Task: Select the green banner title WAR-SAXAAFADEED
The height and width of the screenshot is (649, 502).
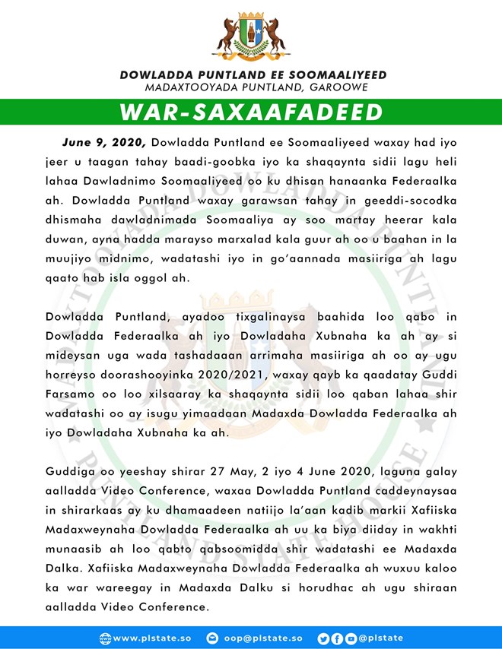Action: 251,112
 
